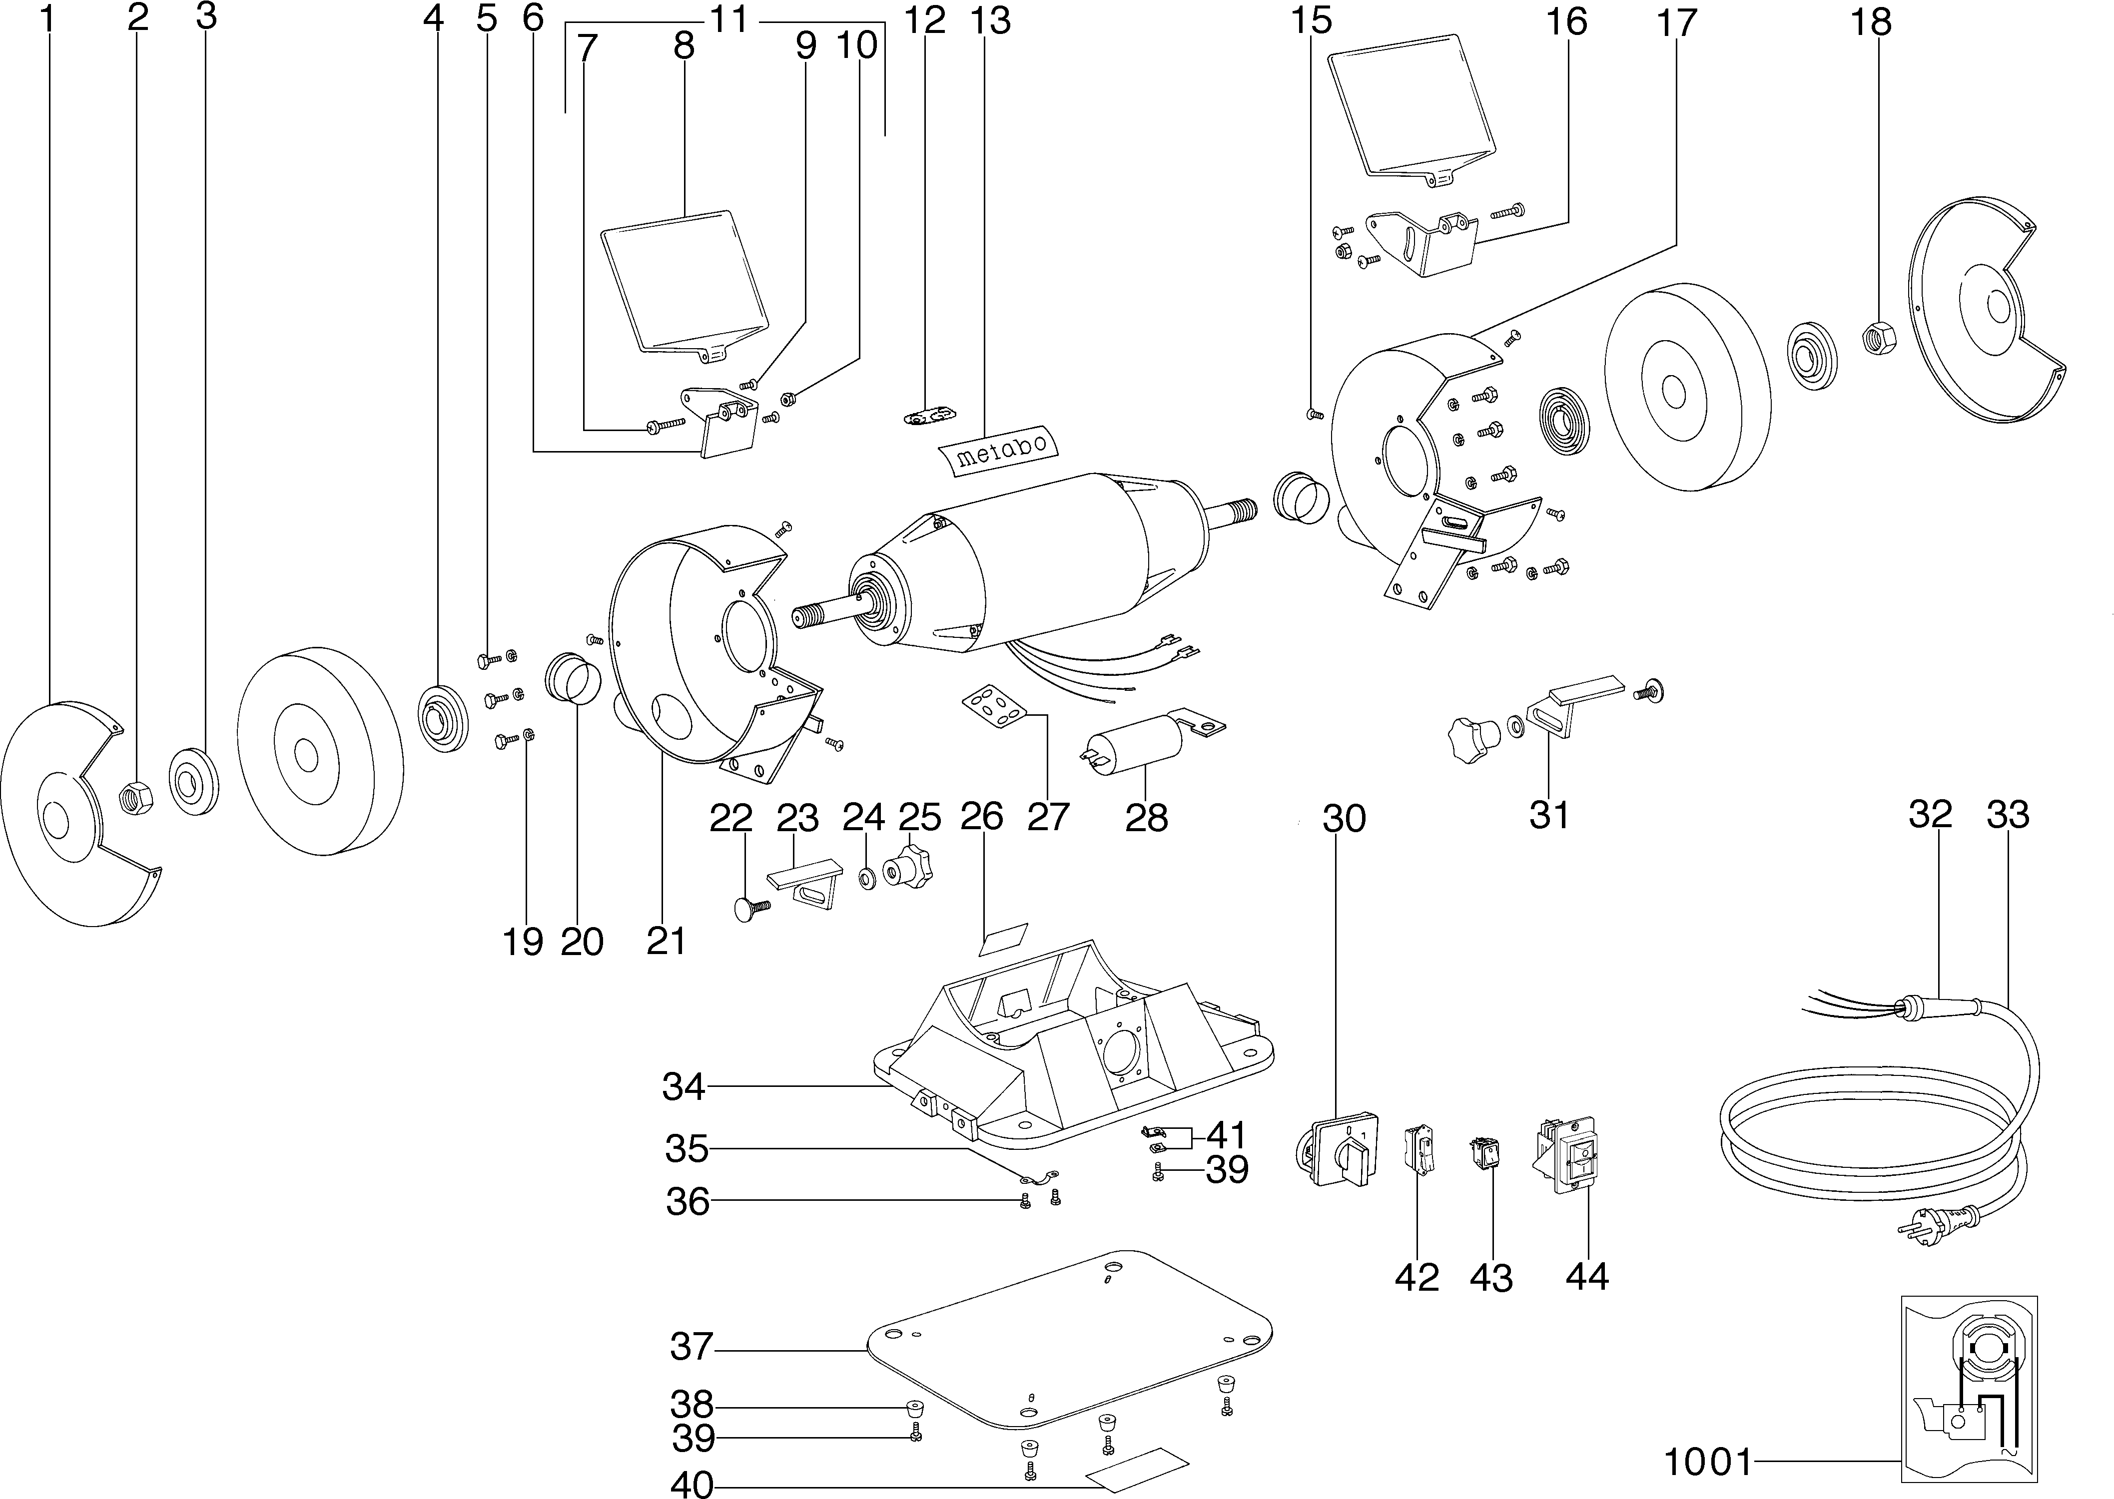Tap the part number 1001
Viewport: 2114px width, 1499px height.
(1707, 1461)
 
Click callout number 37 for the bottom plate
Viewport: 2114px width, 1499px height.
(692, 1347)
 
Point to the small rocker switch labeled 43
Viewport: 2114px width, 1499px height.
(1485, 1155)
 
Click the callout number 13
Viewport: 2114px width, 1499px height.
(990, 20)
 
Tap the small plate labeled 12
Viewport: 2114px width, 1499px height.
(928, 417)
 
